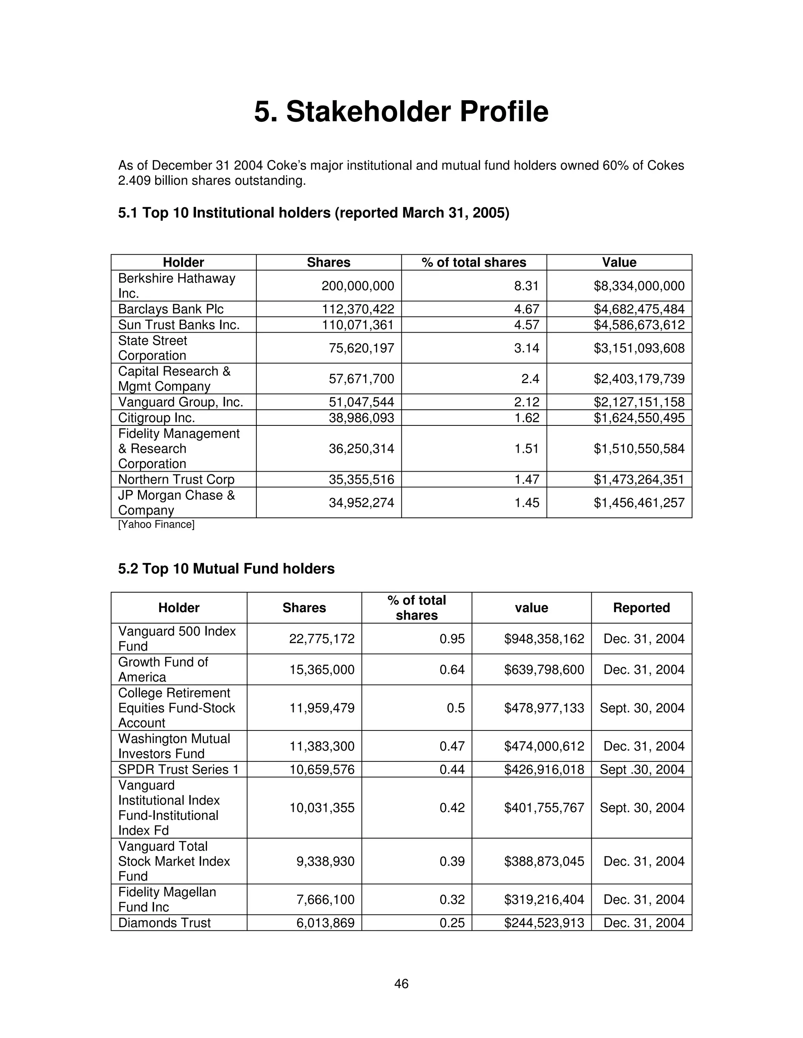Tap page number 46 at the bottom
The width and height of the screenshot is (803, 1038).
(401, 983)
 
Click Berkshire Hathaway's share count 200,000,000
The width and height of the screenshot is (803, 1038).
(357, 286)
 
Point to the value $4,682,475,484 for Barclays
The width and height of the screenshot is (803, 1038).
(638, 309)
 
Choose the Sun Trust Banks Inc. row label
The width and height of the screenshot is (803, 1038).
(178, 325)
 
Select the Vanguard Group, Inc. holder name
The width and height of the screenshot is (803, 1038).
(180, 402)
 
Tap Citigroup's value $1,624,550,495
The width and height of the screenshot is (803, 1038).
(638, 418)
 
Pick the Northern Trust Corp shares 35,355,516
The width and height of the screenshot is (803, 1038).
(361, 479)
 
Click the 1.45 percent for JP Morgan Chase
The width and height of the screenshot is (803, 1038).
(526, 503)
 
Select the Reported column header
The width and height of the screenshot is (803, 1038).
(641, 608)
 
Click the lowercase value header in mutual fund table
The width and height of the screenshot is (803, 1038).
(531, 608)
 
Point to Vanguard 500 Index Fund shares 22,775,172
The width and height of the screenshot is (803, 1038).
(322, 638)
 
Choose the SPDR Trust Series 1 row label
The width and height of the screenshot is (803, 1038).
(178, 769)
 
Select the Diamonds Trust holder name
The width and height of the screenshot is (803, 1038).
(164, 922)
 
